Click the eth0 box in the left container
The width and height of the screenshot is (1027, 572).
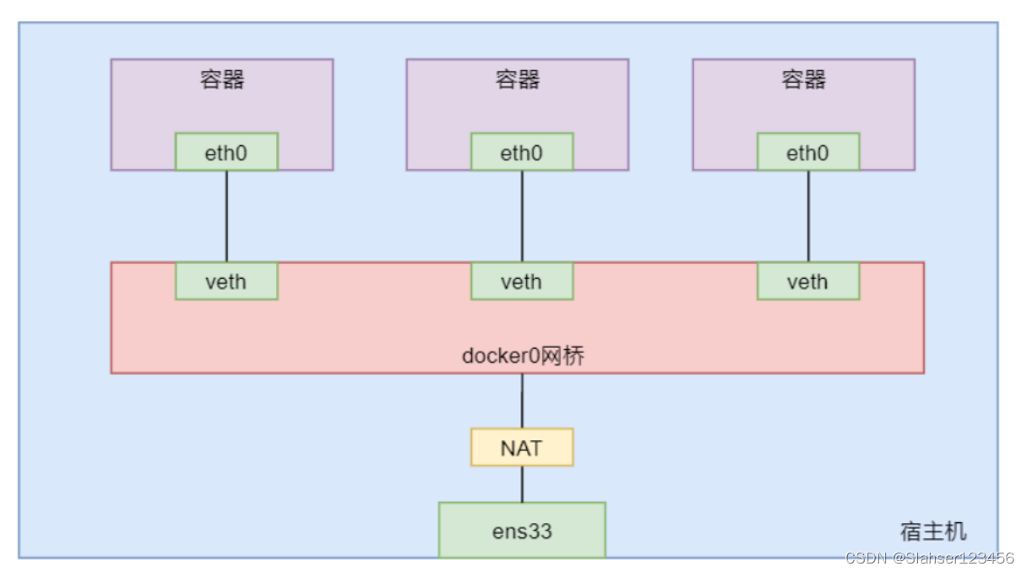coord(226,152)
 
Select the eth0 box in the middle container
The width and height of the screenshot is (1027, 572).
coord(522,152)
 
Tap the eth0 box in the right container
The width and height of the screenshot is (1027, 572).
coord(808,152)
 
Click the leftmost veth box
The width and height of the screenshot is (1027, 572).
coord(226,281)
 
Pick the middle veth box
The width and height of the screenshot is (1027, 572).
coord(522,281)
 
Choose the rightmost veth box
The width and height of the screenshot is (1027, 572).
coord(808,281)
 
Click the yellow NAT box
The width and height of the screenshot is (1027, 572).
coord(522,447)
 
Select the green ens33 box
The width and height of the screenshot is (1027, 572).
coord(522,531)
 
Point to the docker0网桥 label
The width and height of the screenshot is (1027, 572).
coord(523,356)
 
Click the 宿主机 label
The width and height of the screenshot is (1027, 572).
coord(933,531)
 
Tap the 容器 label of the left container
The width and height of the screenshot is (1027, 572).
coord(222,79)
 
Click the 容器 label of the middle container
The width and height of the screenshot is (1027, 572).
coord(518,79)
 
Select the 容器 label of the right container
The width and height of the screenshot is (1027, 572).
coord(803,79)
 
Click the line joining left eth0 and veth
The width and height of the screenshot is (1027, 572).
coord(226,216)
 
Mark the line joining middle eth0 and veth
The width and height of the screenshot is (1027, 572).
coord(522,216)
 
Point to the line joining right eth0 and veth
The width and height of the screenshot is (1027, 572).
coord(808,216)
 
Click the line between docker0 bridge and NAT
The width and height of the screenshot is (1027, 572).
coord(522,400)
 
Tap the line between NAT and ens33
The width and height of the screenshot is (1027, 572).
coord(522,484)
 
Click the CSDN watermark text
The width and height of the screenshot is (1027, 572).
coord(929,558)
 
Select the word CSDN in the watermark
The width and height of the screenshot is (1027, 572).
coord(865,558)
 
